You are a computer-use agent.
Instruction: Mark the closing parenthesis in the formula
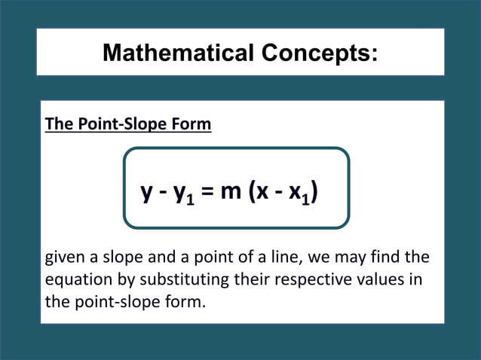coord(314,193)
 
